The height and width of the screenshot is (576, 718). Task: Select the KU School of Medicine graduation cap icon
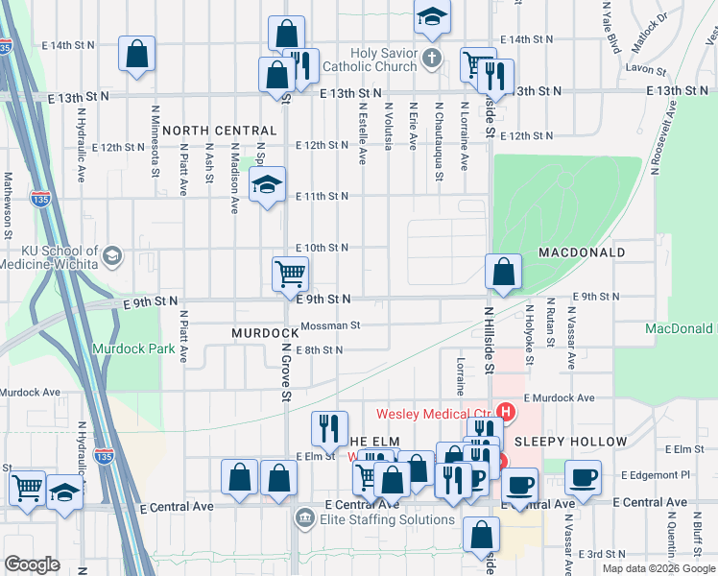click(113, 256)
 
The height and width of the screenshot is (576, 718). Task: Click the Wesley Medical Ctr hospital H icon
click(507, 415)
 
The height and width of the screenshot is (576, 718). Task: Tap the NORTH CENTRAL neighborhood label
click(219, 130)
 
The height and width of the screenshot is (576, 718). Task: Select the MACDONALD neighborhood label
click(582, 252)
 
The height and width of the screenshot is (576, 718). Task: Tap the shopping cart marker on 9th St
click(291, 276)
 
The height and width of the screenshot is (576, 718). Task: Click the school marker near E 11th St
click(267, 185)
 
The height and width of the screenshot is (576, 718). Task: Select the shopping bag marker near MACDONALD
click(503, 273)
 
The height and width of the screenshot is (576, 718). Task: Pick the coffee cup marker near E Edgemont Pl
click(583, 478)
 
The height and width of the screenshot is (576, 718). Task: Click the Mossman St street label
click(328, 325)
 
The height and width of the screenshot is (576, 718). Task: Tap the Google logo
click(33, 564)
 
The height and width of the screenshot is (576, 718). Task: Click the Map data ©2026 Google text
click(658, 568)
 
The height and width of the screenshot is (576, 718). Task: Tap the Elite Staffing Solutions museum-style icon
click(304, 518)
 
